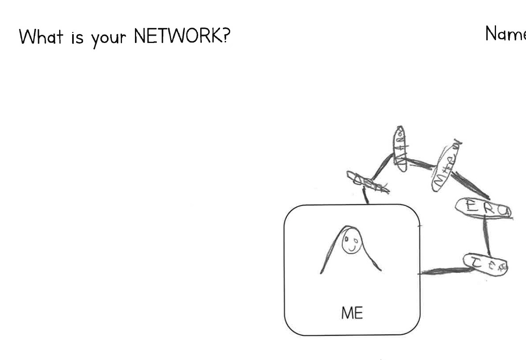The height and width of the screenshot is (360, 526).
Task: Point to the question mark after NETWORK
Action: (225, 36)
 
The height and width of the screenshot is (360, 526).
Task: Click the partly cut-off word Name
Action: (505, 34)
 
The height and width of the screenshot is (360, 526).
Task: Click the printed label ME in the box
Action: (352, 313)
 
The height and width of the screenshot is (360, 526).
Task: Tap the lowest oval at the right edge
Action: (485, 264)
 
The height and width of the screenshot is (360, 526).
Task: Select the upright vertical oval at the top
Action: (400, 148)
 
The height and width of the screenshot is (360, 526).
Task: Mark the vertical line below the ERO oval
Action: (485, 236)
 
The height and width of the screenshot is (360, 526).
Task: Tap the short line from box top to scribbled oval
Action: (366, 197)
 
